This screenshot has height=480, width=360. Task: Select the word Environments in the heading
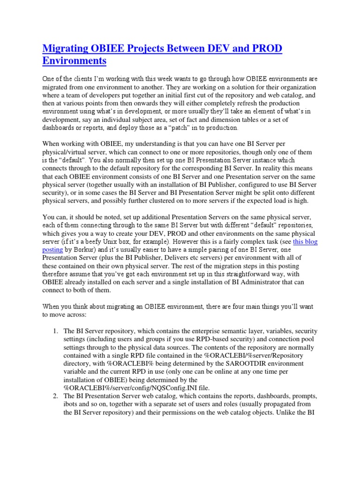75,61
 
